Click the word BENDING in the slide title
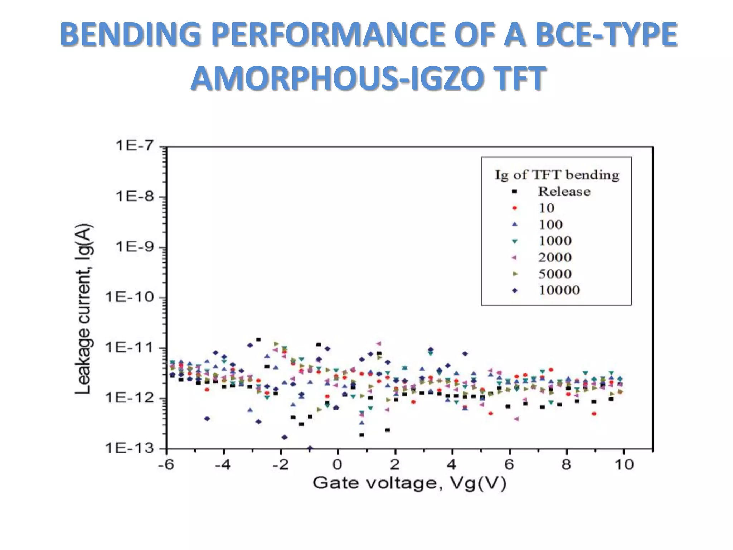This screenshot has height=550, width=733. [x=130, y=34]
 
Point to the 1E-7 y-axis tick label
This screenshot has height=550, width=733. [x=135, y=146]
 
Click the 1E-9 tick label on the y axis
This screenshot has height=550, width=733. [x=135, y=247]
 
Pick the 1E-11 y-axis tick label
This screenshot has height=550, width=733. [x=129, y=347]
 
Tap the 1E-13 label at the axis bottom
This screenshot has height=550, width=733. [x=129, y=448]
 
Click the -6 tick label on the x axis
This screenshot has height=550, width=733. [x=166, y=465]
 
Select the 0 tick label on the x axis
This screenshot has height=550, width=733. [x=337, y=465]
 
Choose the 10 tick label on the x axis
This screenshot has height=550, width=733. [x=624, y=465]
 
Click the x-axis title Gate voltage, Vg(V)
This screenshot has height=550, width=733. [x=409, y=483]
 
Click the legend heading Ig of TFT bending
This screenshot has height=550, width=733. [x=557, y=175]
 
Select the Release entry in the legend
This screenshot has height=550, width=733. [x=564, y=192]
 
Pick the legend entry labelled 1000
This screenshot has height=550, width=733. [x=555, y=241]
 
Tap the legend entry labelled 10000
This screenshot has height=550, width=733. [x=559, y=290]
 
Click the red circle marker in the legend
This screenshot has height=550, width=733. [x=515, y=208]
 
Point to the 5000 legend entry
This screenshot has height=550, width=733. [x=555, y=274]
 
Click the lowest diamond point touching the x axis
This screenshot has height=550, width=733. [x=310, y=448]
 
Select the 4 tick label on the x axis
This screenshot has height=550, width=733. [x=452, y=465]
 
